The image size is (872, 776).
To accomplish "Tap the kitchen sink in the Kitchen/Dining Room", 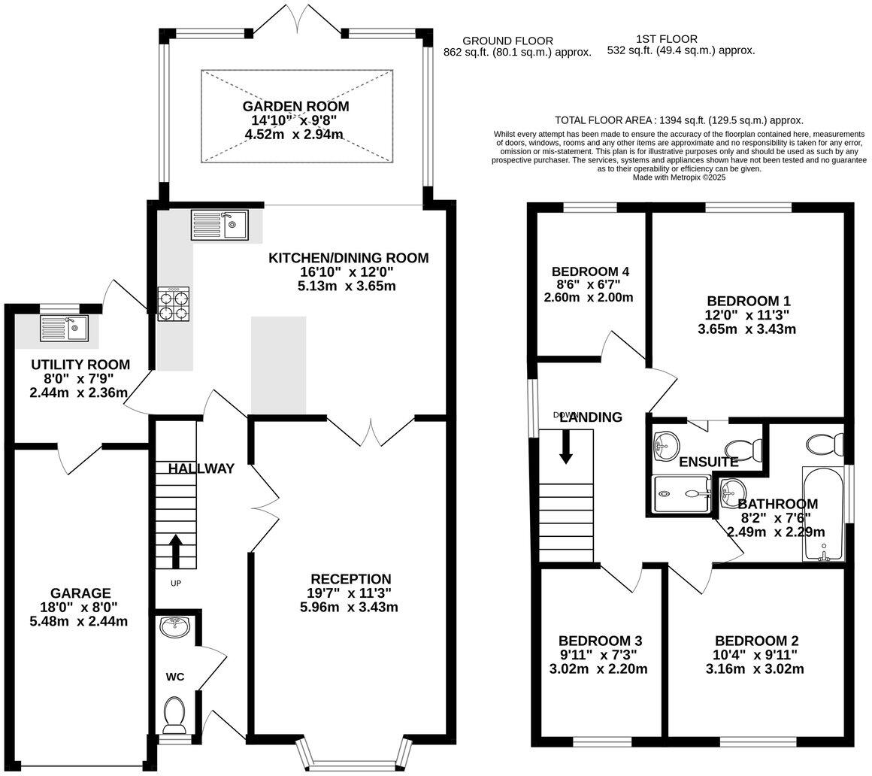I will click(220, 224).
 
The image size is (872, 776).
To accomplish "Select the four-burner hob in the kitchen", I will click(173, 306).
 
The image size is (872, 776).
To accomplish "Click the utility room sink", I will click(64, 327).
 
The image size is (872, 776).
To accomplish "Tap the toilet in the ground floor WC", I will click(174, 714).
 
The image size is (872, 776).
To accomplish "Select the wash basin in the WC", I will click(175, 626).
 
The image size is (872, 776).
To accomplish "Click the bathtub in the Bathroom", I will click(824, 515).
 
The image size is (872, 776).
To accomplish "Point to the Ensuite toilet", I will click(746, 449).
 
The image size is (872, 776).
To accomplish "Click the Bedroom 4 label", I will click(590, 271).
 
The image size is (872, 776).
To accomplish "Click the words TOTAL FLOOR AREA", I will click(602, 120).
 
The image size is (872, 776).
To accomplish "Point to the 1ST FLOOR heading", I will click(667, 39).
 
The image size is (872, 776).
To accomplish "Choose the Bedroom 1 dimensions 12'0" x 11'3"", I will click(746, 315).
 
